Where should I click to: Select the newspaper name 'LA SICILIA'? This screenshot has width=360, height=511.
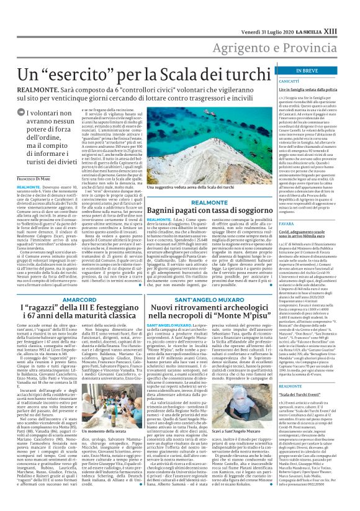point(325,7)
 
